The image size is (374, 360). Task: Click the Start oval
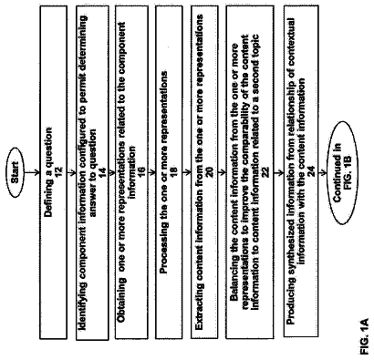click(x=16, y=173)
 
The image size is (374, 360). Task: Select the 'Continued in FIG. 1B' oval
click(x=342, y=173)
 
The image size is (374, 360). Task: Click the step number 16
click(x=141, y=172)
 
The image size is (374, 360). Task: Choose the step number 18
click(x=174, y=172)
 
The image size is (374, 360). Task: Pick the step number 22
click(x=266, y=172)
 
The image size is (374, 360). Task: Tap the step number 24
click(x=312, y=172)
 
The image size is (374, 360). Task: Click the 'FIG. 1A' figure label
click(x=364, y=336)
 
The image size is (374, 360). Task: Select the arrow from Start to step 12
click(x=32, y=173)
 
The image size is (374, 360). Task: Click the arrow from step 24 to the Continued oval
click(x=322, y=173)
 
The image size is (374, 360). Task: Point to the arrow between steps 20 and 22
click(x=222, y=173)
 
